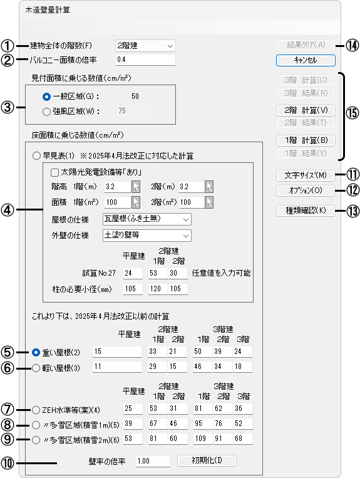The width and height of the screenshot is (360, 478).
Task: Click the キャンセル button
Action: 306,60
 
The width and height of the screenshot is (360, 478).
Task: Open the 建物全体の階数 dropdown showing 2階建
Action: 145,46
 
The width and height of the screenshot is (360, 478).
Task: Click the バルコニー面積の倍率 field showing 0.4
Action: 145,60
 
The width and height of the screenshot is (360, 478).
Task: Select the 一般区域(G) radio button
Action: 46,96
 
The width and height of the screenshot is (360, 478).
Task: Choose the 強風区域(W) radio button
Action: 46,112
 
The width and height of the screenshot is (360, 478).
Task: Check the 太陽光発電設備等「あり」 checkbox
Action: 55,172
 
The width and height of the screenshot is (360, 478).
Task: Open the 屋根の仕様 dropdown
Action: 147,219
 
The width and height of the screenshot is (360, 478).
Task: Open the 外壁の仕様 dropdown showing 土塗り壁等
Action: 147,236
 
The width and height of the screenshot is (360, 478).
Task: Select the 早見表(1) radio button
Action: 36,156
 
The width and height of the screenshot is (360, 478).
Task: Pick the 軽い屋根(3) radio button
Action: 36,368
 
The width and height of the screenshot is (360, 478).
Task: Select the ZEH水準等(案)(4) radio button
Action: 36,410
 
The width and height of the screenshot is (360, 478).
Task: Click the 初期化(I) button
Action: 207,460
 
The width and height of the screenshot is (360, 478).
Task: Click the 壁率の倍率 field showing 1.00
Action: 153,461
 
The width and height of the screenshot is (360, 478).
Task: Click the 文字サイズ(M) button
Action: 306,175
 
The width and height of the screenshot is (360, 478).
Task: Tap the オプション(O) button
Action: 306,190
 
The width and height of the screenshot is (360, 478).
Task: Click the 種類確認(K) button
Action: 306,210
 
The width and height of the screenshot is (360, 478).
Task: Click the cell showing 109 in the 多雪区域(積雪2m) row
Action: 203,439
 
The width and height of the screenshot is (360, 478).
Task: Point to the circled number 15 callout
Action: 352,113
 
